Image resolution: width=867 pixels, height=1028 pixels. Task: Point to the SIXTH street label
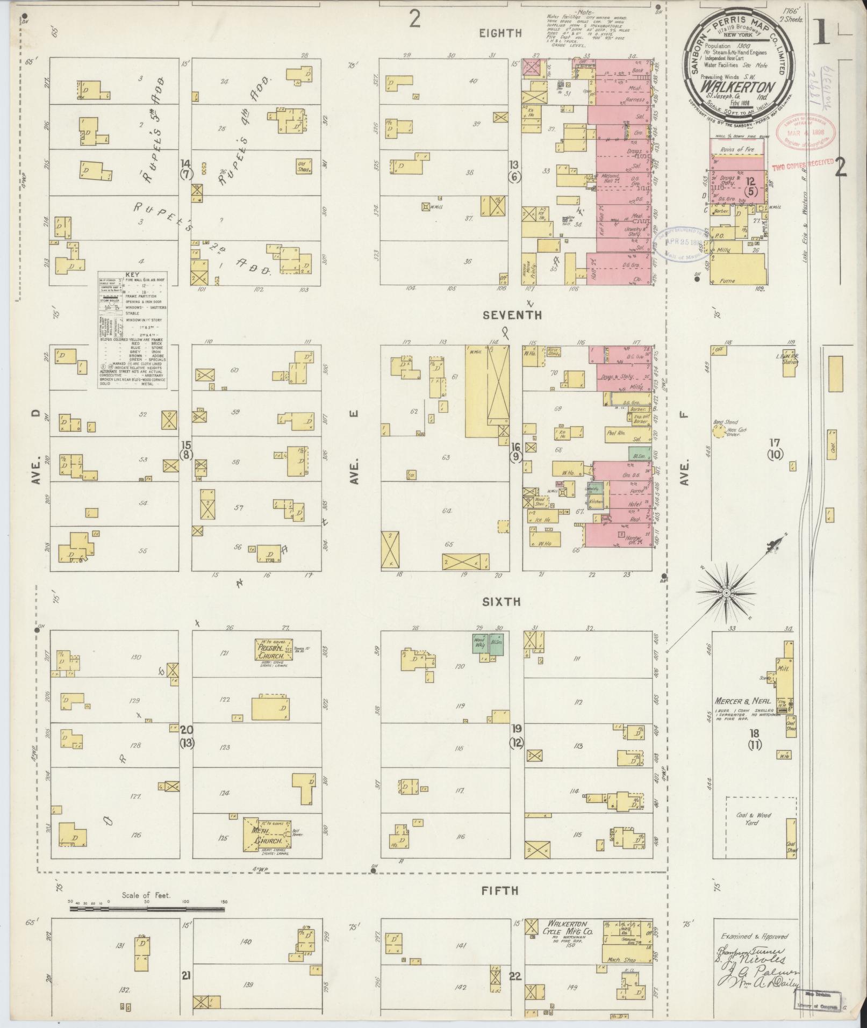tap(501, 602)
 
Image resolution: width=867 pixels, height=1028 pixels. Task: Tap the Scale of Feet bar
tap(147, 909)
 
